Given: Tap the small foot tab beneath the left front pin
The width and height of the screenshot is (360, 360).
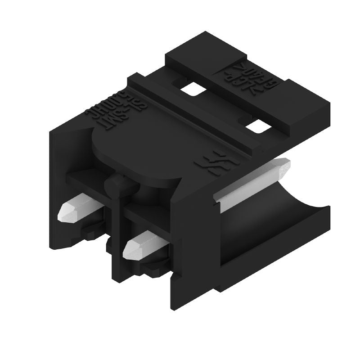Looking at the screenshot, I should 88,232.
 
